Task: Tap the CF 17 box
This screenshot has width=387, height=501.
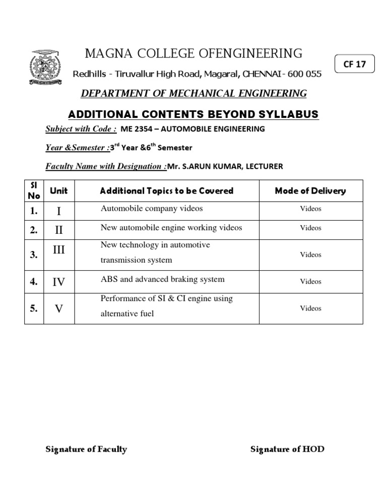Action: click(355, 65)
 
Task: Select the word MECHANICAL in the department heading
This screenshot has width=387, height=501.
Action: click(192, 93)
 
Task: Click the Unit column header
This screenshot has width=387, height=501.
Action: click(59, 191)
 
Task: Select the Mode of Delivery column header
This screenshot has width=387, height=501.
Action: click(310, 191)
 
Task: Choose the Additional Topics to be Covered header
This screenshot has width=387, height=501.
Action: click(167, 191)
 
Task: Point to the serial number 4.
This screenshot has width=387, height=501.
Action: click(34, 282)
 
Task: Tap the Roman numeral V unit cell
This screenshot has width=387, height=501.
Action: click(59, 308)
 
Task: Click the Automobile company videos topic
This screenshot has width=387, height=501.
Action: click(152, 209)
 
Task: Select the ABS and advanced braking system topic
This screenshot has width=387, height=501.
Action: click(163, 279)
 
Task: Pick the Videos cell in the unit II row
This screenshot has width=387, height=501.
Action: click(310, 228)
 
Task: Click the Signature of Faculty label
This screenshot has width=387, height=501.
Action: click(86, 449)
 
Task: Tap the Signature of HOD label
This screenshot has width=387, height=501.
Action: click(287, 449)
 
